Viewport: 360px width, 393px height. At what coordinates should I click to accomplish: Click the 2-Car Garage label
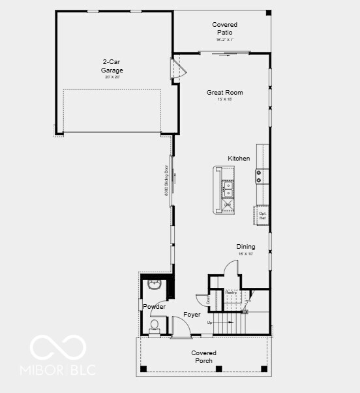112,67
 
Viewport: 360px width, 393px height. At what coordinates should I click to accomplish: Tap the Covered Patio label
224,29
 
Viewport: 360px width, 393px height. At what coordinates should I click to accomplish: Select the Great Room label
224,93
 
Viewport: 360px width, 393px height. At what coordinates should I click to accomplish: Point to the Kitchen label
239,159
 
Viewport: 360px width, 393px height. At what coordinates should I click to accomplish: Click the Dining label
246,247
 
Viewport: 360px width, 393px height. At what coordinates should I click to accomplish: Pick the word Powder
155,307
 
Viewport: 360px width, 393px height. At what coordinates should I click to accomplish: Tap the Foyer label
192,315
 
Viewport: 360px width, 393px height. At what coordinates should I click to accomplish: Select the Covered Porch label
203,356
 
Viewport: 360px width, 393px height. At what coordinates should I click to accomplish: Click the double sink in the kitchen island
228,189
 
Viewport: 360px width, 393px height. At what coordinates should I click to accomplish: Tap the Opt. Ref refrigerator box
263,215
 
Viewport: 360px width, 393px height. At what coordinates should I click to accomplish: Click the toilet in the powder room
155,325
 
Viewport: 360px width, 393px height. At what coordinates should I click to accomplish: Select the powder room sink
155,285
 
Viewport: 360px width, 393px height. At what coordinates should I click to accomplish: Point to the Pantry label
232,292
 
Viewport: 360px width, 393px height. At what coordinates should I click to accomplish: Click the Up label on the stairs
209,322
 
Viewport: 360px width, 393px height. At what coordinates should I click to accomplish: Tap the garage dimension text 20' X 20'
112,77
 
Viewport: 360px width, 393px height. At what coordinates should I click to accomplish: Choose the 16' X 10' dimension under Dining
246,253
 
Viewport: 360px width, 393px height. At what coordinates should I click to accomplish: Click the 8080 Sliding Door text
167,184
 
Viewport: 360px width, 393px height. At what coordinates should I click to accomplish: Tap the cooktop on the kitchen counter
259,176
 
